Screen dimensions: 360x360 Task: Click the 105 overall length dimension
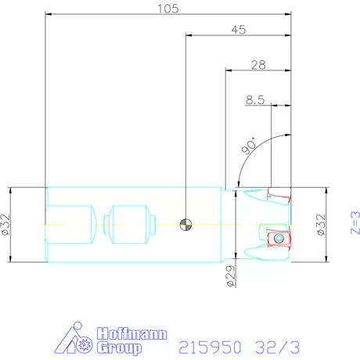coord(168,9)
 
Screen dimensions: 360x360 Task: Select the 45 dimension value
coord(239,30)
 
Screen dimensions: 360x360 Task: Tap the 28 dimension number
coord(258,65)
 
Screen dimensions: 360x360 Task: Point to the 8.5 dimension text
coord(255,99)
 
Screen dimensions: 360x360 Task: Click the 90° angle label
coord(249,146)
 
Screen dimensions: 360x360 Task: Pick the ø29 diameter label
coord(231,276)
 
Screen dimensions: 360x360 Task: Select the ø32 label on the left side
coord(5,225)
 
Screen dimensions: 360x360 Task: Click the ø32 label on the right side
coord(322,225)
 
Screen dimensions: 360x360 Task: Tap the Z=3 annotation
coord(355,222)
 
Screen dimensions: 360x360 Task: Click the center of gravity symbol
coord(185,225)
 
